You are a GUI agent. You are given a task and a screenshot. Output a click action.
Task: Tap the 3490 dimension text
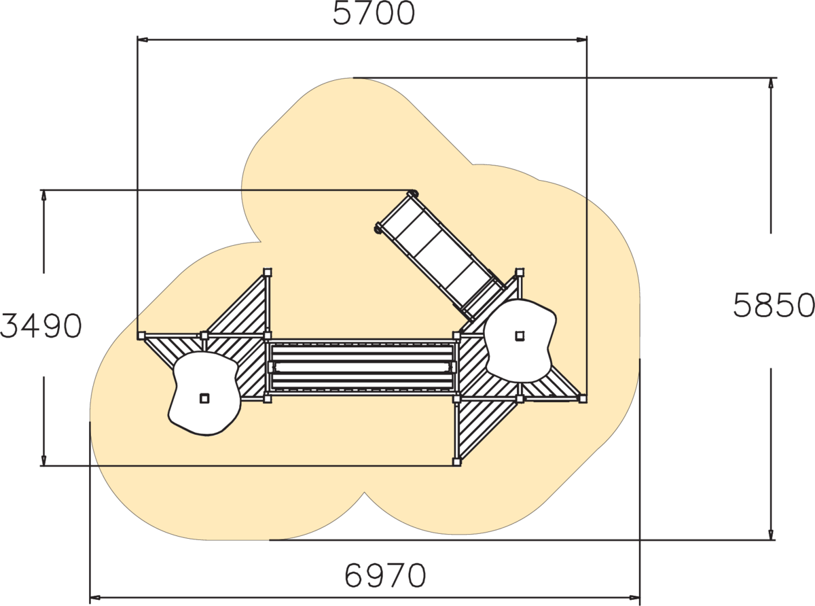point(41,326)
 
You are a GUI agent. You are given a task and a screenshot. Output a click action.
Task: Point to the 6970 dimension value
point(385,575)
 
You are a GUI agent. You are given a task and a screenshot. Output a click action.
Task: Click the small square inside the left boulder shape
point(204,398)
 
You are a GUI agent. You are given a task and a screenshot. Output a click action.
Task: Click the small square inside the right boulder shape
point(520,336)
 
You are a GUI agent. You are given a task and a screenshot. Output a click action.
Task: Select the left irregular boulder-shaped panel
point(204,393)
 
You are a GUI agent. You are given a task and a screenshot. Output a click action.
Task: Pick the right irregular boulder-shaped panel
point(520,341)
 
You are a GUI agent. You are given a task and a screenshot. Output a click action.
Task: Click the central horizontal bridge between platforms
point(362,367)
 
